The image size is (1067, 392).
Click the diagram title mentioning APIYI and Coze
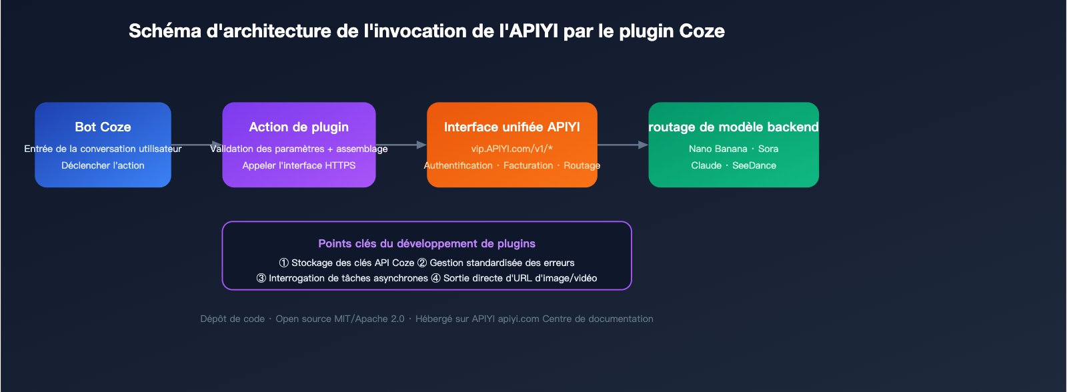[426, 31]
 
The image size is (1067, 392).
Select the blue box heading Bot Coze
[103, 127]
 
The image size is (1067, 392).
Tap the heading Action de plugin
[299, 127]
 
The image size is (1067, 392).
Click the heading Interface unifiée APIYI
[511, 127]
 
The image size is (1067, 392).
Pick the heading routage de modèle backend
[734, 127]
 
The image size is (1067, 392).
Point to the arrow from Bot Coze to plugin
[197, 145]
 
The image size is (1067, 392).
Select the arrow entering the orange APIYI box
[402, 145]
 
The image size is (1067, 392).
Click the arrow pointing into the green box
[624, 145]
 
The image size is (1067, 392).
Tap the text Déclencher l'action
[103, 165]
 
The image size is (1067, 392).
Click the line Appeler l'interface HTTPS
[299, 165]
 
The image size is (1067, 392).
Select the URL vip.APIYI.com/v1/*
[511, 149]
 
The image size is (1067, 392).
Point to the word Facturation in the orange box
[528, 165]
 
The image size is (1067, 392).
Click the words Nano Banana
[718, 149]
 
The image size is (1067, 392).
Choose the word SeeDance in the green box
[754, 165]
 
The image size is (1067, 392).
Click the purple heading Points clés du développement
[427, 243]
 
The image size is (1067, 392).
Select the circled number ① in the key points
[284, 263]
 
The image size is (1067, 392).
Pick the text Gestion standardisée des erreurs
[501, 263]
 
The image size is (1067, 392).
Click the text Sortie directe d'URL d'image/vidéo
[520, 278]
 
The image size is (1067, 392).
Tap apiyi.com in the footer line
[518, 319]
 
